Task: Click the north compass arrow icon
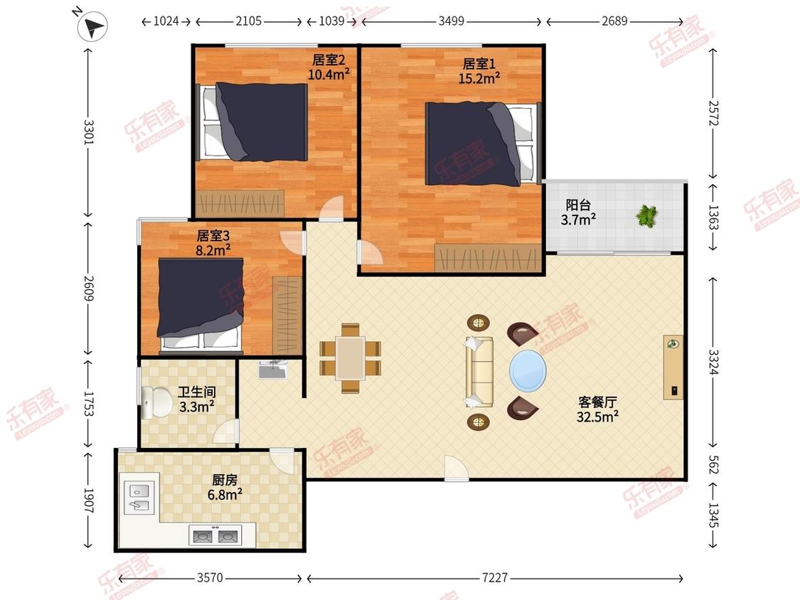(x=92, y=26)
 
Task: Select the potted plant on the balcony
(x=647, y=216)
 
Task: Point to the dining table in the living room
(x=351, y=358)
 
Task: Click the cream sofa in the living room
(x=479, y=371)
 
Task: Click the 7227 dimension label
(x=495, y=577)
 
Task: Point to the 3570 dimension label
(x=210, y=577)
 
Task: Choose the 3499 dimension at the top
(x=452, y=21)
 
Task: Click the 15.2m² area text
(x=479, y=79)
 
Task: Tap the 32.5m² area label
(x=597, y=417)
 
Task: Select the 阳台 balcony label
(x=578, y=205)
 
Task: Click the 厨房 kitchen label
(x=225, y=480)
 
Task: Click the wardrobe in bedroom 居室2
(x=239, y=203)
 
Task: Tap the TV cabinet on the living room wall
(x=673, y=368)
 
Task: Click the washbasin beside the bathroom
(x=273, y=370)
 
